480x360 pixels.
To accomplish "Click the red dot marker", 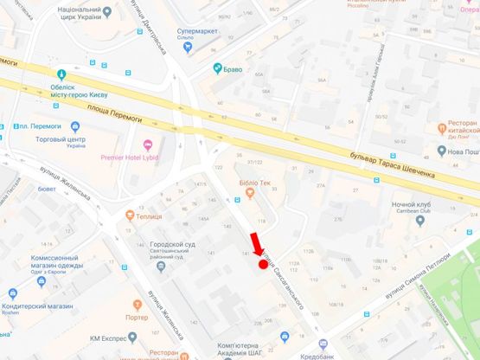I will click(x=263, y=263).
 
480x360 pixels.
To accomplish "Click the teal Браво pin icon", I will click(x=218, y=67).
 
